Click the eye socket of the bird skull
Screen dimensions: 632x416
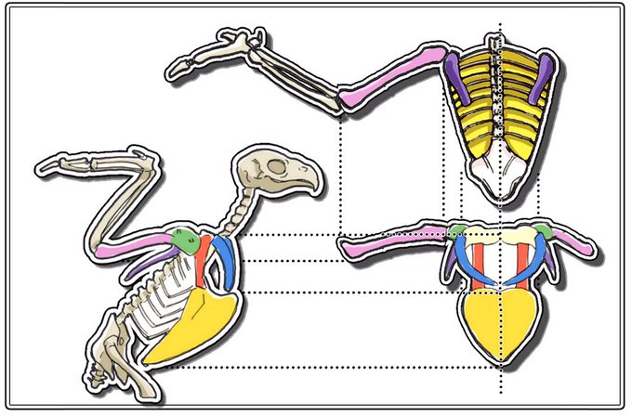(277, 169)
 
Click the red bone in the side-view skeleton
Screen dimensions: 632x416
(205, 260)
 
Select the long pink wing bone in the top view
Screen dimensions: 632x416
(390, 74)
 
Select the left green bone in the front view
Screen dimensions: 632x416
(455, 231)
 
